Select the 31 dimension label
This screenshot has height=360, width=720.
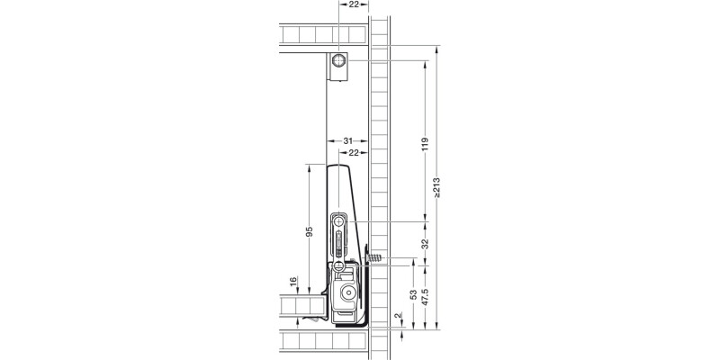(x=348, y=141)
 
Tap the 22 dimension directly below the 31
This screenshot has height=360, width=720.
(x=355, y=154)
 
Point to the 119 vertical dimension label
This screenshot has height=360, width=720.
(x=424, y=143)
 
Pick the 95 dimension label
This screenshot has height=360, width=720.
(x=309, y=232)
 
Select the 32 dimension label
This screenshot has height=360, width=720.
(x=424, y=243)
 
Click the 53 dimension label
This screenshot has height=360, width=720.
(x=413, y=298)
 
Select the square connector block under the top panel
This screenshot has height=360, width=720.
(x=338, y=67)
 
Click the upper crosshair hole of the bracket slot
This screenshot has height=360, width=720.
(x=340, y=220)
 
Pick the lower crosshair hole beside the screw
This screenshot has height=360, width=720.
(x=340, y=265)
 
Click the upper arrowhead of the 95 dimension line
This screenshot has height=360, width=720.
(x=309, y=167)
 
